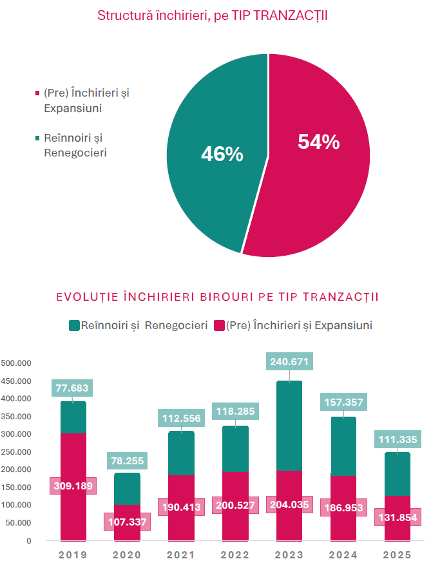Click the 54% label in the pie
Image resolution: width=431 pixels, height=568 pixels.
(x=318, y=142)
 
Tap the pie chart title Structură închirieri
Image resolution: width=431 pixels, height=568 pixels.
(x=212, y=15)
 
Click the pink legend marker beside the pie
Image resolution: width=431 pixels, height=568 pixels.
(x=37, y=94)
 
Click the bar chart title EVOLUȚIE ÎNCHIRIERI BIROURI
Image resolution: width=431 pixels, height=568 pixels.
(x=217, y=297)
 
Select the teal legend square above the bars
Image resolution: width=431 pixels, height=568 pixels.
(x=73, y=326)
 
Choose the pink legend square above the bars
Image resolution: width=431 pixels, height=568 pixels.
(x=219, y=326)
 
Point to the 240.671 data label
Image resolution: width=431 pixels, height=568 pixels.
(x=289, y=362)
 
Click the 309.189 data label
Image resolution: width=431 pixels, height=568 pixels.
(x=73, y=486)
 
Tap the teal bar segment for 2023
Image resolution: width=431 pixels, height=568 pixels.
(x=289, y=425)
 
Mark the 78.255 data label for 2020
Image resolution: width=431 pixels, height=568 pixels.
(x=127, y=461)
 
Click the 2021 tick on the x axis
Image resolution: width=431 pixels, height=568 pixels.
(x=181, y=554)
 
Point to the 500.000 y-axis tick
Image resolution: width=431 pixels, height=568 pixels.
(x=16, y=363)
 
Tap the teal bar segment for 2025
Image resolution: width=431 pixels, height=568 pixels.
(x=397, y=473)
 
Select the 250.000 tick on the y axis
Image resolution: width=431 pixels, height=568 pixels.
(x=16, y=452)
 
